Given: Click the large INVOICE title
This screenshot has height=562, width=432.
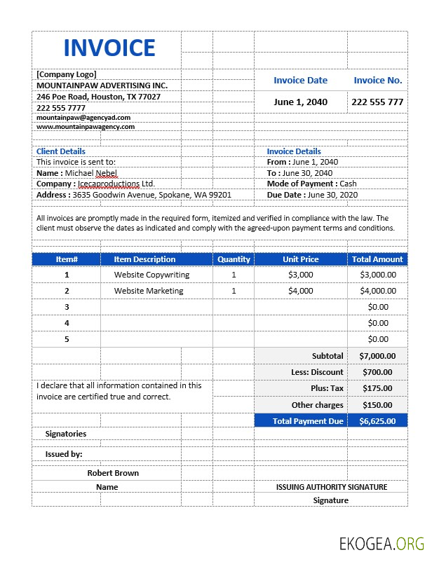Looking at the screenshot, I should [109, 48].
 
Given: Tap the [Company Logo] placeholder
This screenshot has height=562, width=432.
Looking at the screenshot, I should [67, 74].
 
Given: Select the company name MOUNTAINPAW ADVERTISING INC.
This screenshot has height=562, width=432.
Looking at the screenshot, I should [102, 85].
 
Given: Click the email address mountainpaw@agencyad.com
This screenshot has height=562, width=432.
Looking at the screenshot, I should [83, 118].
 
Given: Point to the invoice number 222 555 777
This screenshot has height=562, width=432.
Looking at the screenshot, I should [377, 102].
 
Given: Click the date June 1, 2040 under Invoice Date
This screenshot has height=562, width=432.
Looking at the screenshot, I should [300, 102].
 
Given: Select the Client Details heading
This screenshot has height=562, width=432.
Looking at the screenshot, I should [61, 151].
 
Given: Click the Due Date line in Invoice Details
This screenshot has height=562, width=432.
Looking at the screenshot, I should [312, 195].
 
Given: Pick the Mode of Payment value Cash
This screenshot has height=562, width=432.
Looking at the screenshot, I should [348, 184].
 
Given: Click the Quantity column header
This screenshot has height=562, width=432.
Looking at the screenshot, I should [234, 259].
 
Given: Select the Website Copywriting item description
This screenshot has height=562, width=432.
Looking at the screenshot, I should [151, 275].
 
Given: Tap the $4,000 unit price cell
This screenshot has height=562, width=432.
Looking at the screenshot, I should [301, 291].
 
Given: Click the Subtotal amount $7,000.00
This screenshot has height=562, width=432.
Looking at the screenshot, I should [377, 356].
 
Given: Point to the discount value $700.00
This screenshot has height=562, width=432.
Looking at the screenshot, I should [377, 372].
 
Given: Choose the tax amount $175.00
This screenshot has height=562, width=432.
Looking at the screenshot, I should [377, 388].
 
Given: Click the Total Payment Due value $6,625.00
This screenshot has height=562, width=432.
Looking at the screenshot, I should [377, 421].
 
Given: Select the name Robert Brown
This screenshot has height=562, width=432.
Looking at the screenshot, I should [113, 473].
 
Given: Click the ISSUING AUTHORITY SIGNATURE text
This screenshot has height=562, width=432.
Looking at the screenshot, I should [331, 486].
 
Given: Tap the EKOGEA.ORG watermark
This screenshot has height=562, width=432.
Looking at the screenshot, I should [382, 543].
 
